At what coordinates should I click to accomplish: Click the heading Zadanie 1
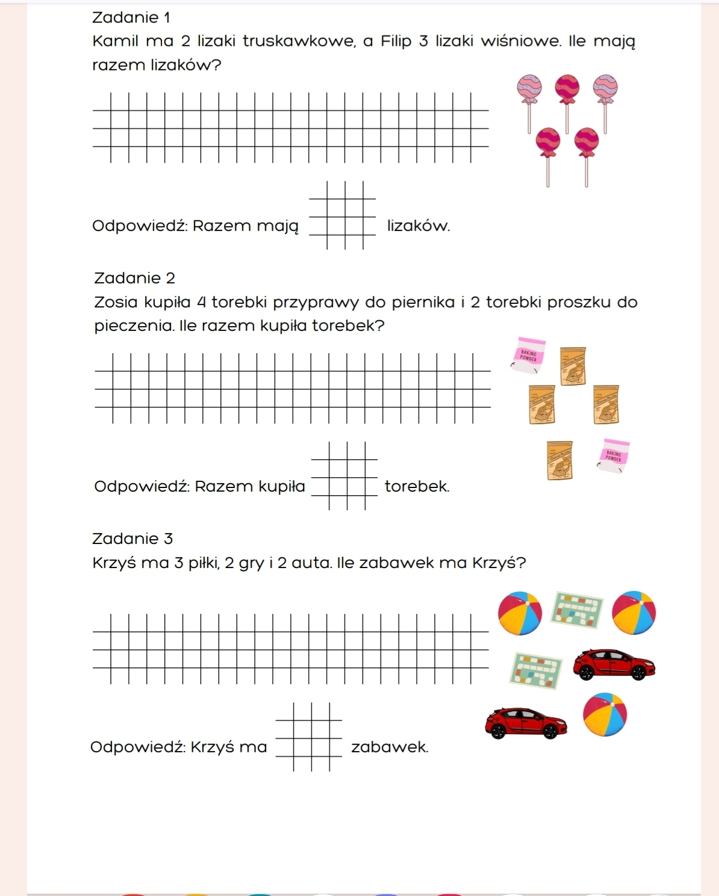tap(131, 17)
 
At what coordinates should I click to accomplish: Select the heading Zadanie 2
tap(134, 278)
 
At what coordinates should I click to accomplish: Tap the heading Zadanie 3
tap(132, 539)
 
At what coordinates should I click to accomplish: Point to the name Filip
tap(396, 42)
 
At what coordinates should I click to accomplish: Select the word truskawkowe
tap(299, 42)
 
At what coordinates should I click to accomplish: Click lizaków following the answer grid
tap(418, 226)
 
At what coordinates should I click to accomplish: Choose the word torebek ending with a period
tap(417, 486)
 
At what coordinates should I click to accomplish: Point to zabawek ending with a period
tap(390, 747)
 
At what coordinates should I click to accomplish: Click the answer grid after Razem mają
tap(342, 215)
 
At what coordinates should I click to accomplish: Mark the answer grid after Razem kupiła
tap(344, 476)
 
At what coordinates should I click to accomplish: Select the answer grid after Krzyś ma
tap(308, 737)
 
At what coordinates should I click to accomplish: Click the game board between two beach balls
tap(578, 609)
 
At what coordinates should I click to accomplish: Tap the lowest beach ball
tap(605, 715)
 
